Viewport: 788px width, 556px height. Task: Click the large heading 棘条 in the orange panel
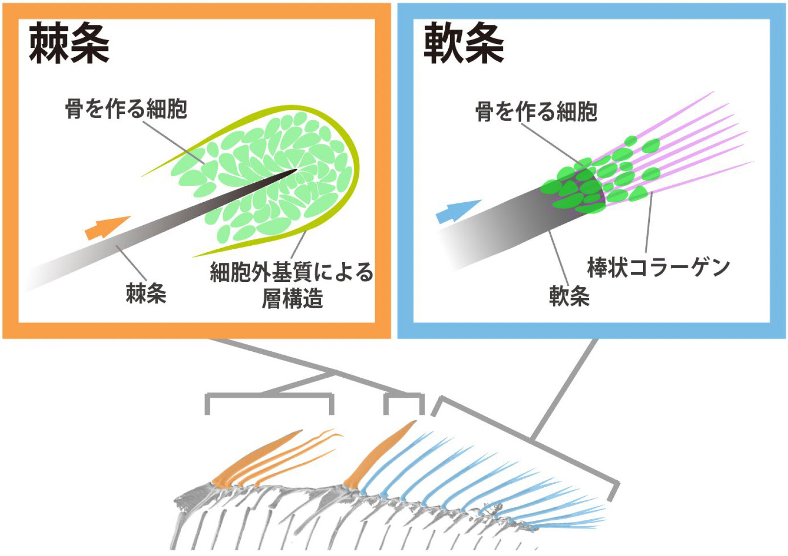(69, 44)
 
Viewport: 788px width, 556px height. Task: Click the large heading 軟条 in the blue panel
(463, 44)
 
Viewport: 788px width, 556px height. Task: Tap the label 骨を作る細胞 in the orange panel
(126, 108)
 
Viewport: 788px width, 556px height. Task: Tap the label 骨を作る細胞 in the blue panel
(536, 111)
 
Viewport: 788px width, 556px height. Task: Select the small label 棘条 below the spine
(146, 293)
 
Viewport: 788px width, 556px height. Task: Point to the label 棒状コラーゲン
(658, 267)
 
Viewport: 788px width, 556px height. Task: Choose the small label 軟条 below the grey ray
(569, 296)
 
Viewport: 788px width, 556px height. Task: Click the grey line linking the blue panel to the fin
(564, 388)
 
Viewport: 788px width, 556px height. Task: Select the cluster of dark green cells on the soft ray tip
(576, 188)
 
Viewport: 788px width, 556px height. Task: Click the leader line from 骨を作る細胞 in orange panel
(173, 142)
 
